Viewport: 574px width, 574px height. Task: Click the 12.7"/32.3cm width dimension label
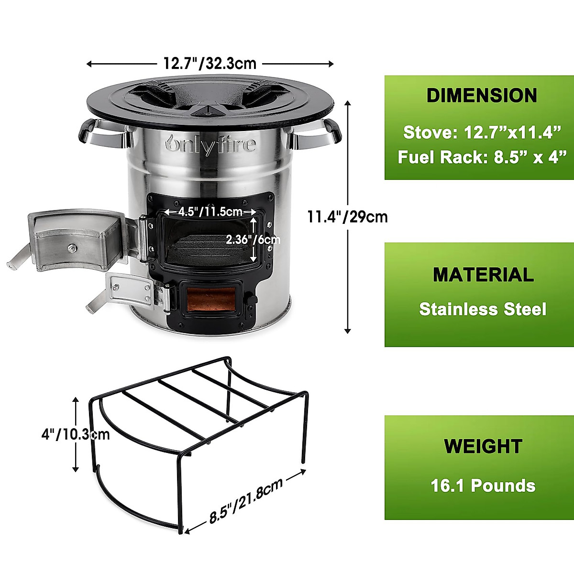pos(210,63)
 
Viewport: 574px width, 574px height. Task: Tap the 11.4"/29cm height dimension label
pos(347,217)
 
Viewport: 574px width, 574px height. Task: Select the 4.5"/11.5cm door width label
pos(210,211)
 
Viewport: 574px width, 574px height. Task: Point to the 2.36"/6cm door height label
pos(253,239)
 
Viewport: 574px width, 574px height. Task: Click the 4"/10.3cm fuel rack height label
pos(76,434)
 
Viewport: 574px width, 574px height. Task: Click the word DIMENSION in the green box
pos(482,96)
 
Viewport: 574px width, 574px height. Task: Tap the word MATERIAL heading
pos(483,275)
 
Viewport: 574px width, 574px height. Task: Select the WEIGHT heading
pos(483,446)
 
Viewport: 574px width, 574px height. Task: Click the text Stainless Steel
pos(483,309)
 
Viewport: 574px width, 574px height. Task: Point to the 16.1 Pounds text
pos(483,486)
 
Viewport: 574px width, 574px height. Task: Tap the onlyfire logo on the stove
pos(210,143)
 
